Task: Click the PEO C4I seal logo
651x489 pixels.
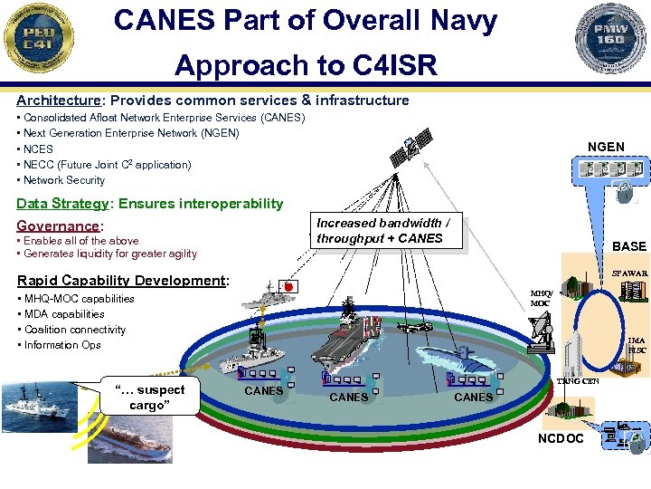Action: [39, 39]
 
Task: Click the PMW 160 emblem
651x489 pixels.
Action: [612, 39]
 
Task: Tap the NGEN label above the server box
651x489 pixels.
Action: [605, 147]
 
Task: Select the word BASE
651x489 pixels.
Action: [629, 246]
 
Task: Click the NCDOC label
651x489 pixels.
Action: [562, 439]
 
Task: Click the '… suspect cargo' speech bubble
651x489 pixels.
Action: [150, 397]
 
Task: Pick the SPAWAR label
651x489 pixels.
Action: [629, 273]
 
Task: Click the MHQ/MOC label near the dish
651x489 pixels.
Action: [542, 298]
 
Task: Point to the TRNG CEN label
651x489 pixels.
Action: [578, 381]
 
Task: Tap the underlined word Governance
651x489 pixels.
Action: [58, 225]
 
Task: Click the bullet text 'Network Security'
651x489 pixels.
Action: [64, 180]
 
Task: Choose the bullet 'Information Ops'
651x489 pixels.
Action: [62, 345]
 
